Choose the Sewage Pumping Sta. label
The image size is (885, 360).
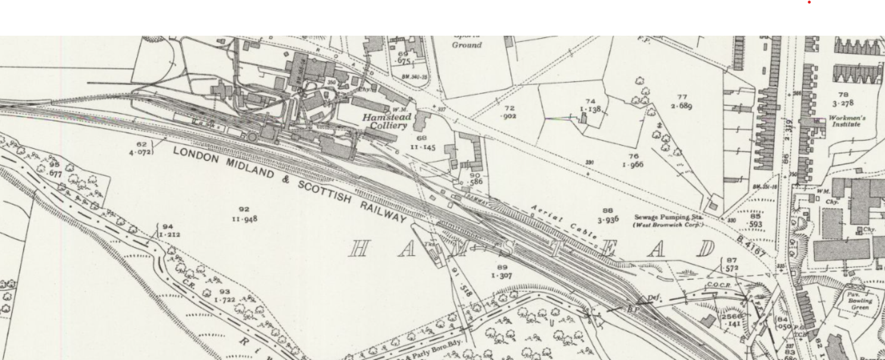668,221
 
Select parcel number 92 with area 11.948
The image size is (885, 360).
245,214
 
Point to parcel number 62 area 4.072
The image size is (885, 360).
142,148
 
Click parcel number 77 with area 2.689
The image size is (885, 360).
681,102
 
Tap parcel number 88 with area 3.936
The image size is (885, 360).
608,215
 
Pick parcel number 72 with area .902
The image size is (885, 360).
509,112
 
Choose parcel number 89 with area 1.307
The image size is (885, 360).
502,272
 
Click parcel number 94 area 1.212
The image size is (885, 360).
168,230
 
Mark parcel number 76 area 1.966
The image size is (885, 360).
633,161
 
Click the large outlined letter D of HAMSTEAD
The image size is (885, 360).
706,249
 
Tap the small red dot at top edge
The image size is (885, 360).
809,2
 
